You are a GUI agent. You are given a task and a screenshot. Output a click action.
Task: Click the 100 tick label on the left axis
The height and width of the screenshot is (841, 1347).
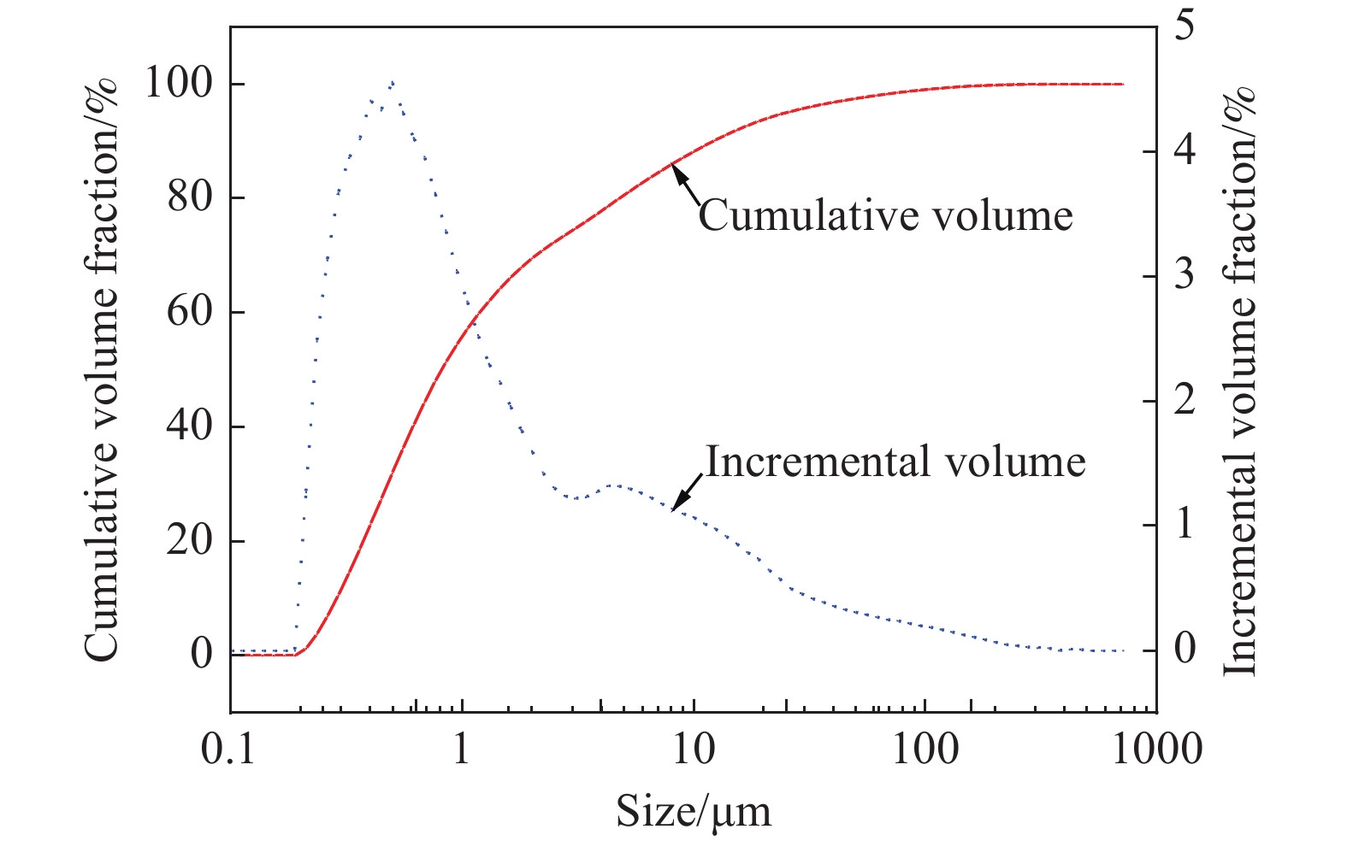180,83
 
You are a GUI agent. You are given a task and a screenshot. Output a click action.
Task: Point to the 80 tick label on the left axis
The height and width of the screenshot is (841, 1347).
190,197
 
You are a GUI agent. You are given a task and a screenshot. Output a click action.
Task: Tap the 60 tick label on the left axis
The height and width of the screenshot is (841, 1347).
190,311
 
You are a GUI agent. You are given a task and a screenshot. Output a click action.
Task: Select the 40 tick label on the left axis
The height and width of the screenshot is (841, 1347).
190,426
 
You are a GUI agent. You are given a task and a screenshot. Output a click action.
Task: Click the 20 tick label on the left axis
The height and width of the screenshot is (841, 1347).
190,540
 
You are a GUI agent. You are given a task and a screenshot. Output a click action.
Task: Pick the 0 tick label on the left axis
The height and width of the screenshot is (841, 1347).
202,654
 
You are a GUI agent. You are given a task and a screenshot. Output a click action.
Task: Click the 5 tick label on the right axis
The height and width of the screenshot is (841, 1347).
1184,26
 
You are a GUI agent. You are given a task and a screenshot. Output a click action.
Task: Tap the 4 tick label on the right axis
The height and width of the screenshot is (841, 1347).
1184,151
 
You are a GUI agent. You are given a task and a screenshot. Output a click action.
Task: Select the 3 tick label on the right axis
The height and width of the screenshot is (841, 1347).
1184,275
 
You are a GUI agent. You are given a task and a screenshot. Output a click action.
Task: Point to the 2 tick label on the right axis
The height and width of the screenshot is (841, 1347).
1184,400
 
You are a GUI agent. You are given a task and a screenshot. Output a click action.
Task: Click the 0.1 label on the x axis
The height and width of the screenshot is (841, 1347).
227,750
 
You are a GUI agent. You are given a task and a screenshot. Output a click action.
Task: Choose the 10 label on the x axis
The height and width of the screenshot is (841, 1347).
694,750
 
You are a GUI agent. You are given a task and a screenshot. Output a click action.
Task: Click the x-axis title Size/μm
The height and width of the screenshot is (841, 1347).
694,813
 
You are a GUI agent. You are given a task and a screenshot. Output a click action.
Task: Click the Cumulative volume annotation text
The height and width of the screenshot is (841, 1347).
886,215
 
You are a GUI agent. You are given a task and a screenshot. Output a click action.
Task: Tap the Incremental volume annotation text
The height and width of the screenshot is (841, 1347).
895,461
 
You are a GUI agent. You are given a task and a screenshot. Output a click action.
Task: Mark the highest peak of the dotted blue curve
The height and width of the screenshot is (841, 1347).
392,82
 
